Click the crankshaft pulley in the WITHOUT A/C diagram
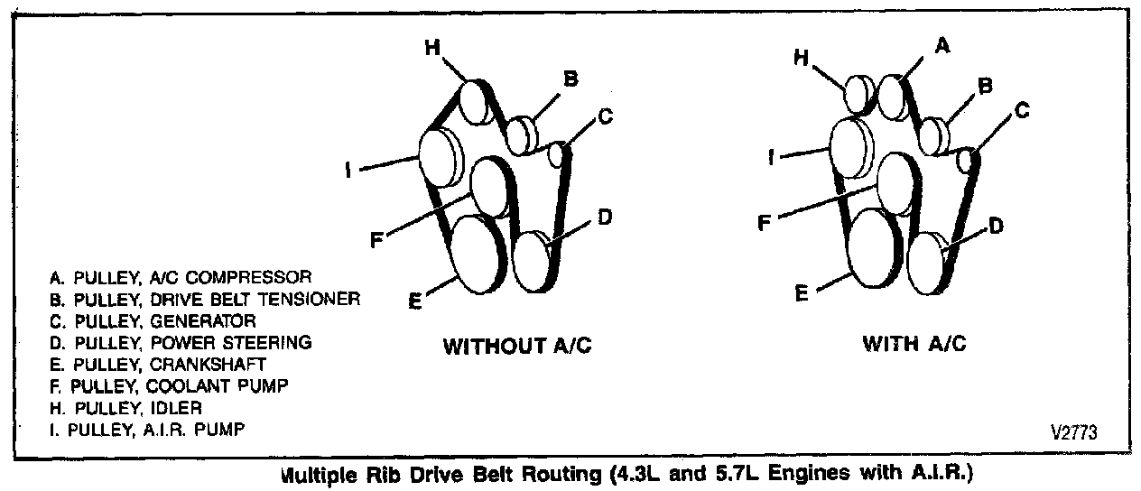click(477, 255)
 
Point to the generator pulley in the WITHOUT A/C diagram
click(558, 154)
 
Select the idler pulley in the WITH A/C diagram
click(857, 93)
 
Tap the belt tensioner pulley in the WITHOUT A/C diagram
click(519, 135)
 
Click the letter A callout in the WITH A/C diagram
click(942, 46)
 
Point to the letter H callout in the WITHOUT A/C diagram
click(432, 48)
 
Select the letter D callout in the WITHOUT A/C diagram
click(606, 217)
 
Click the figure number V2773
click(1073, 432)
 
